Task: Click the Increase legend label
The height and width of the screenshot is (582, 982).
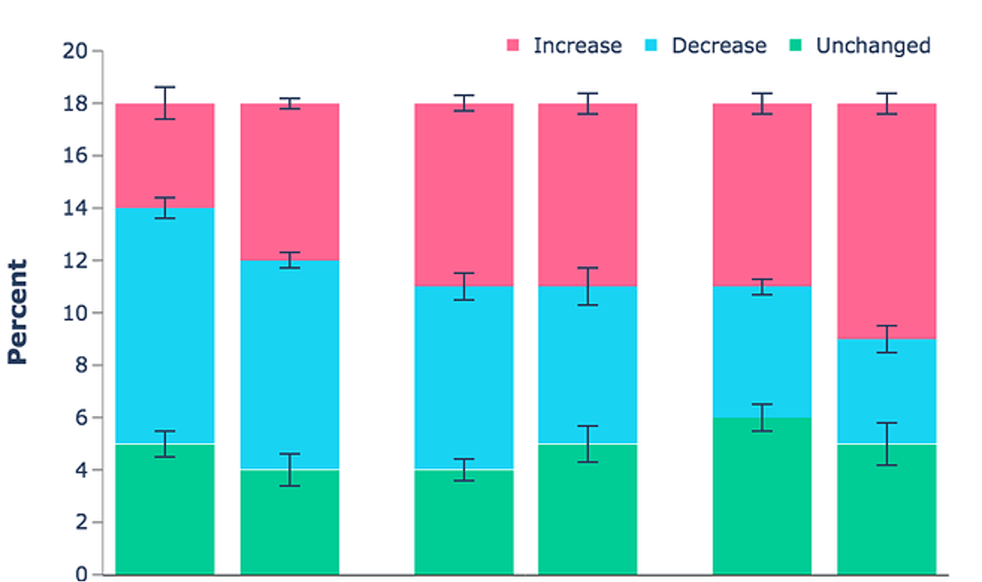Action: click(577, 46)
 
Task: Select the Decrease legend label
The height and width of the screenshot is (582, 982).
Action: click(718, 46)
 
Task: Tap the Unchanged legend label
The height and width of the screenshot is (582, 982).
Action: click(872, 46)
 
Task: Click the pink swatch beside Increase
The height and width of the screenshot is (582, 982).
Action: click(513, 46)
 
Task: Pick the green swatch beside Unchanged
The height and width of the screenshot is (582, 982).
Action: click(795, 46)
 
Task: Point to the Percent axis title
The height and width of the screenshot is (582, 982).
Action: click(17, 312)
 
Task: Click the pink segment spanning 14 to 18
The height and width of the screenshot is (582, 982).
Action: click(164, 156)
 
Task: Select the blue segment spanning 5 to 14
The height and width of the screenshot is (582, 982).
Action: click(164, 325)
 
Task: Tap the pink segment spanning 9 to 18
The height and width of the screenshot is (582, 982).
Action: click(886, 221)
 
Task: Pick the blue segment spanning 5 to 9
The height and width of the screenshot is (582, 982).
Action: click(886, 391)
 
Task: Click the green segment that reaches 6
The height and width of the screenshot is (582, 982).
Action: click(762, 496)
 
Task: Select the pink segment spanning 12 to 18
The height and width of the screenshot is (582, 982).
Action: click(289, 182)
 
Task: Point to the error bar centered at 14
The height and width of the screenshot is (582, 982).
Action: click(164, 208)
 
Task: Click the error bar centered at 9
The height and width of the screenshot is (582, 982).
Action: click(886, 339)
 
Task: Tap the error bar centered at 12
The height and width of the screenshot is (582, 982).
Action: click(289, 260)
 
